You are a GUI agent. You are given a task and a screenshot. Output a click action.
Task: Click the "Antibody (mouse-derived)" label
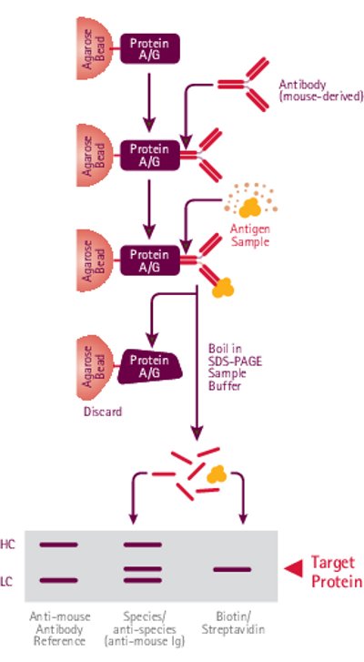(x=320, y=90)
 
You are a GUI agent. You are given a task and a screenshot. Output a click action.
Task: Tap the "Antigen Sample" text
(x=249, y=236)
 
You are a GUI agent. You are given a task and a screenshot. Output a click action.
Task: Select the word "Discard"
(x=103, y=411)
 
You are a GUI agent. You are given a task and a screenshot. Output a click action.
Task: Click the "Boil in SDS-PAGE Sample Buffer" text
(x=235, y=366)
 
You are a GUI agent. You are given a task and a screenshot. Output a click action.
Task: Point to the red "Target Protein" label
(x=337, y=572)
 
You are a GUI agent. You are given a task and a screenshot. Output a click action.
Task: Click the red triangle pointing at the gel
(x=294, y=569)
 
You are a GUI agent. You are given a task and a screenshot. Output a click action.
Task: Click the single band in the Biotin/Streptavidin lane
(x=232, y=569)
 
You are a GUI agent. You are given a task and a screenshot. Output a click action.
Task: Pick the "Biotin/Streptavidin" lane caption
(x=233, y=623)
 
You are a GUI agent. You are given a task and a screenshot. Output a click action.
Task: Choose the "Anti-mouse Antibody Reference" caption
(x=59, y=628)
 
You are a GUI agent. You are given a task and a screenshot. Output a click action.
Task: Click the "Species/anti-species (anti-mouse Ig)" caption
(x=144, y=628)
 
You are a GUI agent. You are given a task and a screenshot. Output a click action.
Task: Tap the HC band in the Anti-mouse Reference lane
(x=58, y=545)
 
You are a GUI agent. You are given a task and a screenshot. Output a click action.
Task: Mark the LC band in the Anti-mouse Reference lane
(x=58, y=581)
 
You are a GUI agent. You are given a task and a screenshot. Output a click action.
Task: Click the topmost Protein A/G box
(x=150, y=49)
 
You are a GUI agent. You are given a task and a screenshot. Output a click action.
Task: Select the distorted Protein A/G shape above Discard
(x=150, y=366)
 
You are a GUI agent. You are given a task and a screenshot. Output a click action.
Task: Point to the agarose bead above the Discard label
(x=95, y=366)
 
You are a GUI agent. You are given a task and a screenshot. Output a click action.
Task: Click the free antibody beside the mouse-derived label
(x=243, y=85)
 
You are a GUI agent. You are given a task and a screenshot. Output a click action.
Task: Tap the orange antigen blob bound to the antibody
(x=223, y=288)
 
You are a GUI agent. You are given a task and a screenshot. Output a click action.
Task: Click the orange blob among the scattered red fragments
(x=217, y=474)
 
